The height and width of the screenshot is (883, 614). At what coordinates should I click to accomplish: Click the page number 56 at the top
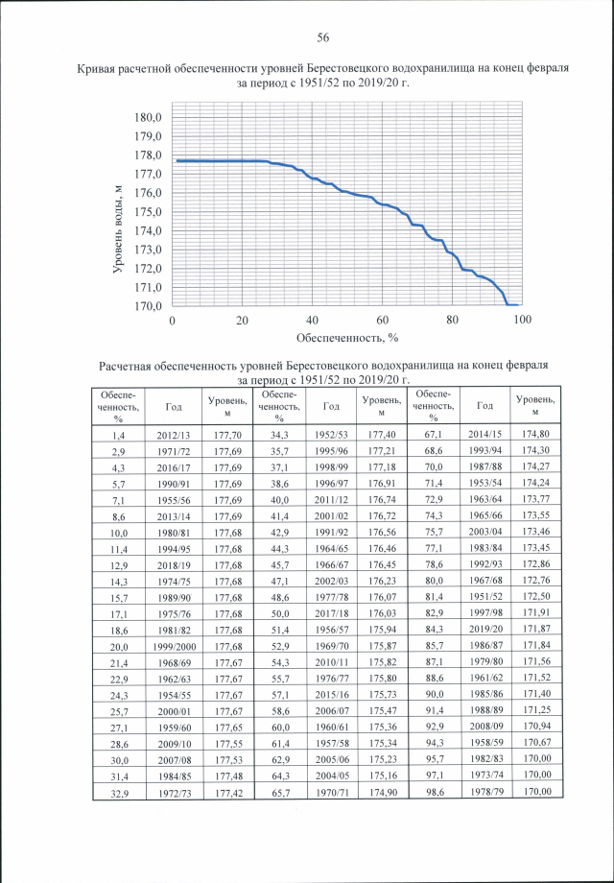click(x=323, y=37)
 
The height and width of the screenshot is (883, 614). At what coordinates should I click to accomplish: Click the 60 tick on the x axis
click(x=383, y=320)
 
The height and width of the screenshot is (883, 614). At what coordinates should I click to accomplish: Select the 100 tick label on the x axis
click(x=523, y=320)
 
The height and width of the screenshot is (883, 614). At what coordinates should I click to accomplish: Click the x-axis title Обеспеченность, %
click(x=347, y=338)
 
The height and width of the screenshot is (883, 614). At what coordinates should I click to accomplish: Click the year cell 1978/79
click(x=485, y=793)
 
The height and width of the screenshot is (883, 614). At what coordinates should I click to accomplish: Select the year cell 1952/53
click(x=331, y=435)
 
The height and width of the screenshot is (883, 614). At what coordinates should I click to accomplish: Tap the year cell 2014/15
click(x=485, y=435)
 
